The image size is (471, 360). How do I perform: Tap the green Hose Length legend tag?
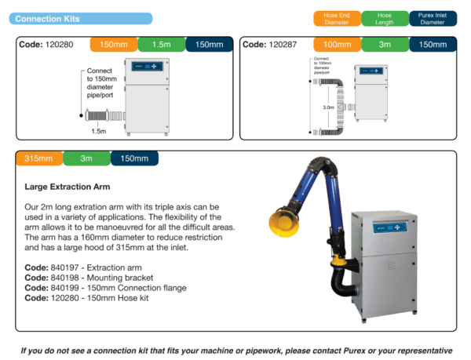tap(385, 18)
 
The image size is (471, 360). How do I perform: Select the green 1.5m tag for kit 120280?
tap(161, 45)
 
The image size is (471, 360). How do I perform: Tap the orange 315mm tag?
tap(38, 158)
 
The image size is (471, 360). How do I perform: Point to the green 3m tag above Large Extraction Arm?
tap(86, 158)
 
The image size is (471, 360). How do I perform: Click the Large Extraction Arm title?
tap(68, 187)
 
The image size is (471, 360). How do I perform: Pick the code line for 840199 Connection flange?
tap(105, 288)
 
